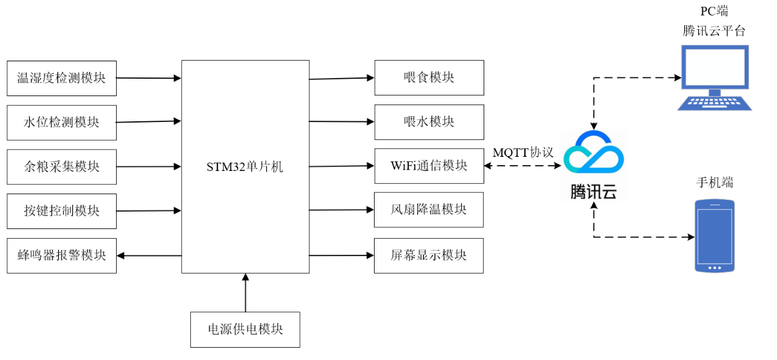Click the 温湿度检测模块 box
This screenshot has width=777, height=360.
[x=61, y=78]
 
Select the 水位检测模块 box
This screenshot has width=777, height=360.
[x=61, y=123]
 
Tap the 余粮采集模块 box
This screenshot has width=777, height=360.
[x=61, y=166]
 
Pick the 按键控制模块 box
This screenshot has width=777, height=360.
[x=61, y=211]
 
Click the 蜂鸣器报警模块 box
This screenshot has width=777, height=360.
[x=61, y=255]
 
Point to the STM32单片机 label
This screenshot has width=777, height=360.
[x=244, y=167]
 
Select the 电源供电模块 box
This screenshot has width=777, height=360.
[x=245, y=329]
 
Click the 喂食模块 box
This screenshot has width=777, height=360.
[x=429, y=77]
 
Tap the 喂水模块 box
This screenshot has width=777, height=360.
[x=429, y=121]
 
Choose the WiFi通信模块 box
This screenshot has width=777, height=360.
[x=429, y=166]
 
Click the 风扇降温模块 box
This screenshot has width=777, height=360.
[x=429, y=210]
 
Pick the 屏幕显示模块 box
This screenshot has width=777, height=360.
[x=429, y=254]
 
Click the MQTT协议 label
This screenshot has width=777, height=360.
[x=523, y=153]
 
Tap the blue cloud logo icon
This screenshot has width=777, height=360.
[x=593, y=155]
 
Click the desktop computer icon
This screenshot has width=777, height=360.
[x=714, y=77]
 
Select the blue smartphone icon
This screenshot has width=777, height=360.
[x=714, y=235]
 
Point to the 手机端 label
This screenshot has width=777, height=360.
[x=714, y=183]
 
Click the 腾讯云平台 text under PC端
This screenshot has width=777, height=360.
[x=714, y=30]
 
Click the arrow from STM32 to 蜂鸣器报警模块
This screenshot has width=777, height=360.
[x=149, y=255]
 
